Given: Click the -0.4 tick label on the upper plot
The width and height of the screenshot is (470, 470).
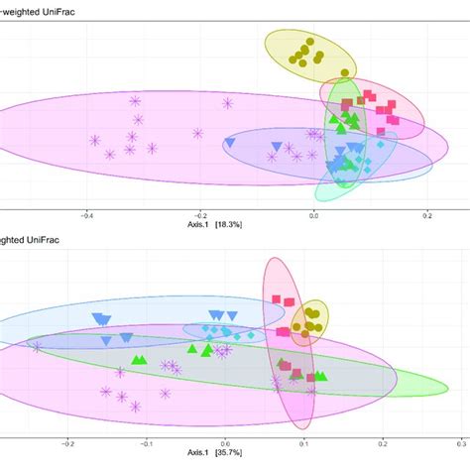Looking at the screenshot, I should (x=87, y=213).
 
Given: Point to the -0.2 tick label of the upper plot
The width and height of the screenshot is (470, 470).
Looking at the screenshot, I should (x=200, y=213).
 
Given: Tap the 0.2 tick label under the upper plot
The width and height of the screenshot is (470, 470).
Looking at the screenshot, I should (x=427, y=213).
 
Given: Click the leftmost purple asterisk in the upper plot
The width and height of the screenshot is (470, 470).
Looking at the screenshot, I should (x=95, y=140).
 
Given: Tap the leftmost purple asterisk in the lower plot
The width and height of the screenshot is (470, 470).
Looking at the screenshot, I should (x=38, y=346).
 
